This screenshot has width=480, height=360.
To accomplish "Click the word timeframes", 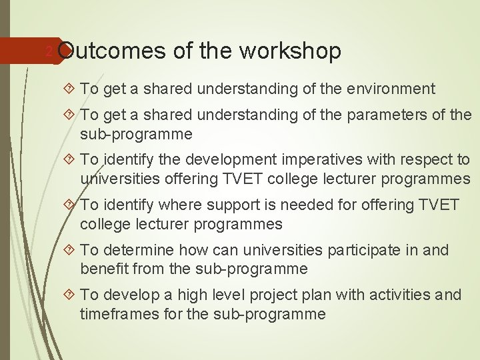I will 117,313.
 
